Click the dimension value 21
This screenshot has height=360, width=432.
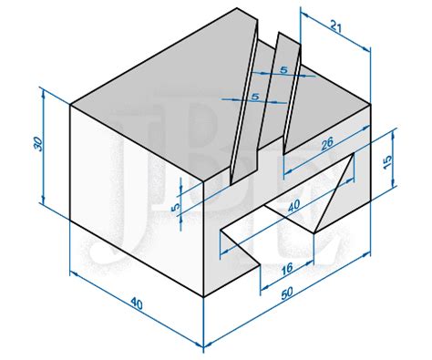(336, 28)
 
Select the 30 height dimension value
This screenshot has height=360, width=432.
(38, 144)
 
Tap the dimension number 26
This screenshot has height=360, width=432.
(327, 144)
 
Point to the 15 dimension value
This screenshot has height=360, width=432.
(386, 162)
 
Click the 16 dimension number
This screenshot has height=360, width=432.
(286, 269)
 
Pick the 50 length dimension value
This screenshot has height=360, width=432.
(286, 293)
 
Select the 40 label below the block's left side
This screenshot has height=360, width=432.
(137, 303)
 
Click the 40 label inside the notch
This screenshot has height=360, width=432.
(293, 205)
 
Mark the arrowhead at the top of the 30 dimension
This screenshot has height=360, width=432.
(44, 94)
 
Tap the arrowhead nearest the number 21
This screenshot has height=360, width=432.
(365, 48)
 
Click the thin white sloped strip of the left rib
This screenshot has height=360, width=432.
(244, 103)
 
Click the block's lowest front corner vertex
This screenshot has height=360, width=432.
(203, 297)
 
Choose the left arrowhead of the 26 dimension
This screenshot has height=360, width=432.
(288, 171)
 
